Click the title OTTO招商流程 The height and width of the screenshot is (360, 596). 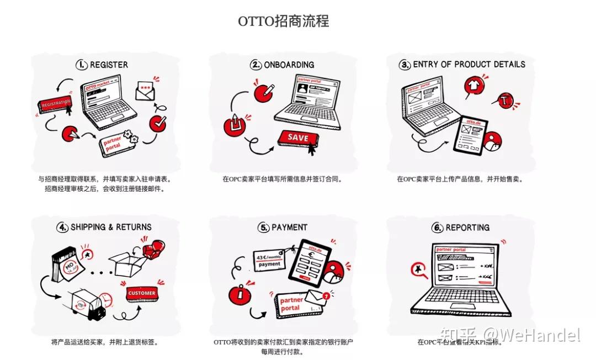coord(284,22)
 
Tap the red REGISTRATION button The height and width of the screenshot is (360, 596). coord(55,103)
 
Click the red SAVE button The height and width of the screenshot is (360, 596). coord(299,138)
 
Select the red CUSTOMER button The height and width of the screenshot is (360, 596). coord(141,293)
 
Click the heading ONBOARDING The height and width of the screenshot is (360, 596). coord(289,65)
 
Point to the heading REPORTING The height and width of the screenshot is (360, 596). coord(467,227)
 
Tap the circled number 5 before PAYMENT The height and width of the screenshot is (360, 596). coord(263,227)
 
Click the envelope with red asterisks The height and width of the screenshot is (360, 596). coord(146,90)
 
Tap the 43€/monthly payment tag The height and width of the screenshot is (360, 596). coord(270,260)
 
